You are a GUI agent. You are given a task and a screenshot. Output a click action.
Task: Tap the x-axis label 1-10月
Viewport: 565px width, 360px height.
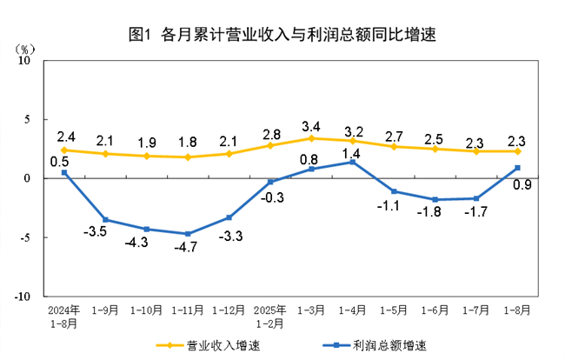[147, 309]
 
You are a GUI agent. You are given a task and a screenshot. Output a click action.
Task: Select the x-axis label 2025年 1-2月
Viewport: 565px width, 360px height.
[269, 315]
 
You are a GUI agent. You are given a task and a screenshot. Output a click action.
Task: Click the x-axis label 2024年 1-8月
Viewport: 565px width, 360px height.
[64, 315]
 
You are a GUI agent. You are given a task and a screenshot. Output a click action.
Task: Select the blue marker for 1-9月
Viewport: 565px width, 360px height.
[106, 220]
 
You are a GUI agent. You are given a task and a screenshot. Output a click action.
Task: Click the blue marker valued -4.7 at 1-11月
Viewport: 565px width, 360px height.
[188, 234]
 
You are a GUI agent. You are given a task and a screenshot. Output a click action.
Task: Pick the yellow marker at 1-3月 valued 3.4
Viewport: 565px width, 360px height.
[311, 138]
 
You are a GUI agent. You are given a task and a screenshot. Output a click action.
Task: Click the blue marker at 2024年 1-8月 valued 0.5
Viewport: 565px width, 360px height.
[64, 172]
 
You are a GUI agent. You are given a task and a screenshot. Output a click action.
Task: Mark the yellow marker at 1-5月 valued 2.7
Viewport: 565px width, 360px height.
[394, 146]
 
